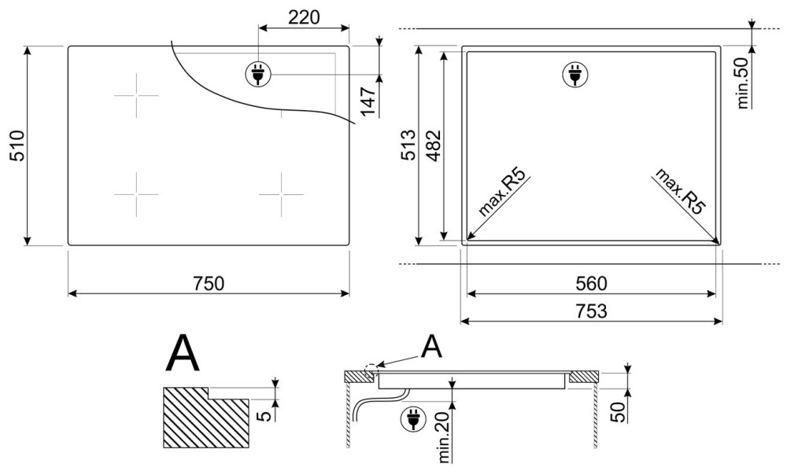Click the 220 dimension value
click(304, 17)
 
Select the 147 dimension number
click(369, 101)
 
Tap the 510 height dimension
click(17, 145)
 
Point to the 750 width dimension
click(209, 283)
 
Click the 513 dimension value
click(408, 145)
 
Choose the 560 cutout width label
click(591, 284)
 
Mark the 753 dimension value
click(591, 311)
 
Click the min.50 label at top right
click(744, 83)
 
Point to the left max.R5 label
click(503, 193)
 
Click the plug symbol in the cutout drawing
click(575, 75)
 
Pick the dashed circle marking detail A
click(371, 370)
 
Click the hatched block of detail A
click(205, 418)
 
